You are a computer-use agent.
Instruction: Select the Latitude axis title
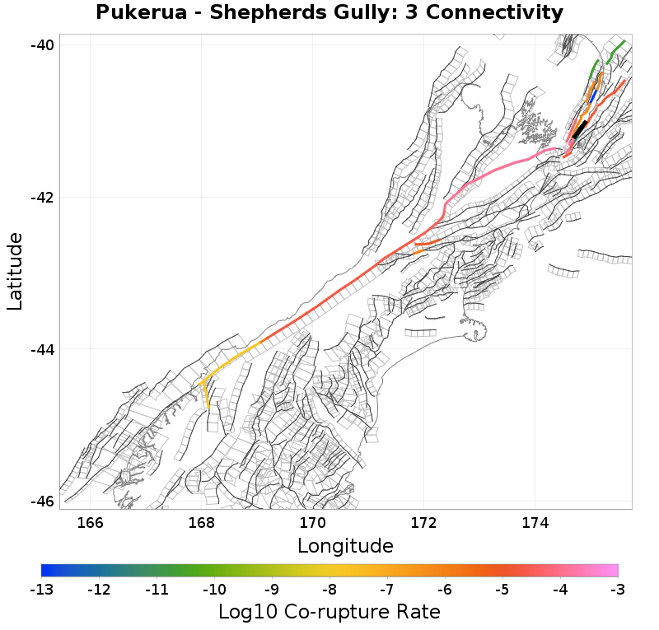[x=15, y=271]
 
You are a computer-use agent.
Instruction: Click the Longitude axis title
[x=345, y=546]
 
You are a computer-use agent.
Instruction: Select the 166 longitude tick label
[x=90, y=522]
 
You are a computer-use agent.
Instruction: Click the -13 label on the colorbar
[x=41, y=590]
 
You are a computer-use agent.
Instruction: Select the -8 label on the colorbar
[x=329, y=590]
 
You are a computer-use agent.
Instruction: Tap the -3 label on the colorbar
[x=618, y=590]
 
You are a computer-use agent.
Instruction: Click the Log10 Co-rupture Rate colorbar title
[x=329, y=612]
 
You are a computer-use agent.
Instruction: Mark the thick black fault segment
[x=579, y=129]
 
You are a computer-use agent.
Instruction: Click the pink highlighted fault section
[x=494, y=170]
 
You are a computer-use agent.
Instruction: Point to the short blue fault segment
[x=591, y=97]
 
